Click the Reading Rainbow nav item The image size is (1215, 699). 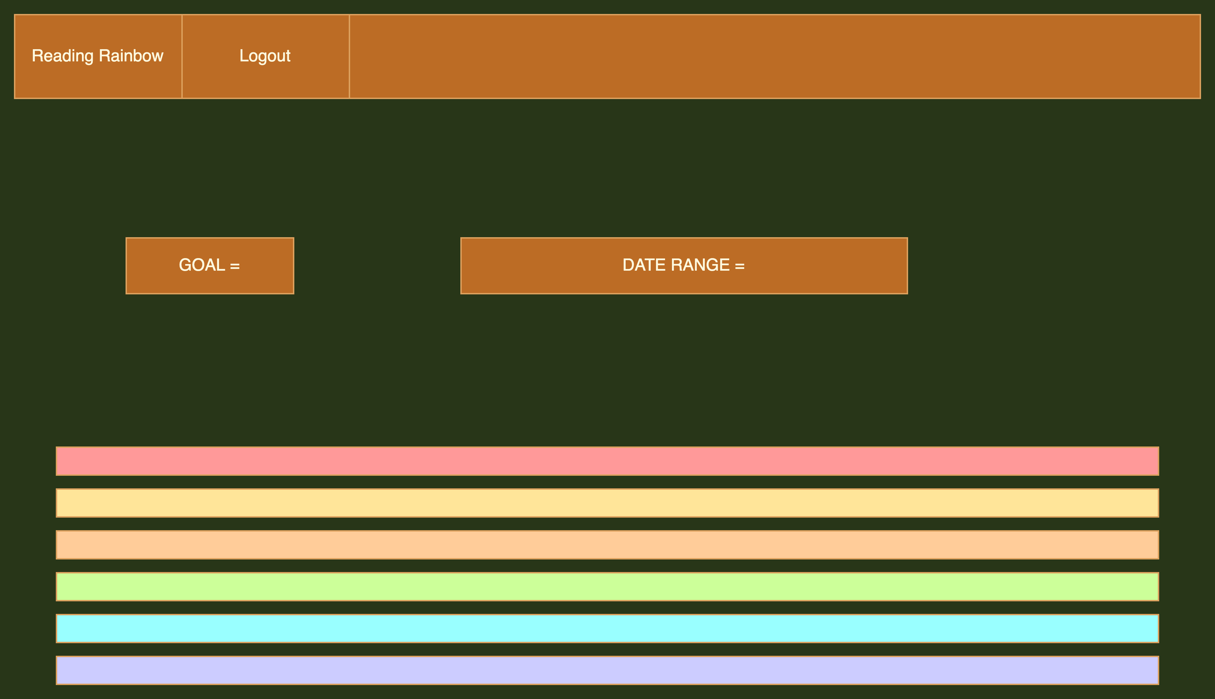[98, 56]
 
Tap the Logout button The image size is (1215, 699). [265, 56]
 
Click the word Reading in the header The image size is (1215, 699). [62, 56]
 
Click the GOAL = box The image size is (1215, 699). [210, 265]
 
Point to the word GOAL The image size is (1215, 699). [202, 265]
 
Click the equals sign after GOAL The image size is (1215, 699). [235, 265]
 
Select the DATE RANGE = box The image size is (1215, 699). [684, 265]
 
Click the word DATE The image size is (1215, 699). [643, 265]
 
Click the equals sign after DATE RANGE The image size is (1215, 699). [739, 265]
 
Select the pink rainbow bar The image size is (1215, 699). [607, 461]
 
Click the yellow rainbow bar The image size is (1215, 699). [607, 503]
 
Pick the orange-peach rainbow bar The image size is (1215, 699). [607, 544]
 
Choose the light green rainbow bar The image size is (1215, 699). [607, 586]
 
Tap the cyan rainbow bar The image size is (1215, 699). [607, 628]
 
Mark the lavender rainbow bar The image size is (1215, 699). [607, 670]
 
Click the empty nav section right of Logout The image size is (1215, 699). [775, 56]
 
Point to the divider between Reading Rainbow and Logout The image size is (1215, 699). [182, 56]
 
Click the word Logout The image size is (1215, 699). [265, 56]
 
